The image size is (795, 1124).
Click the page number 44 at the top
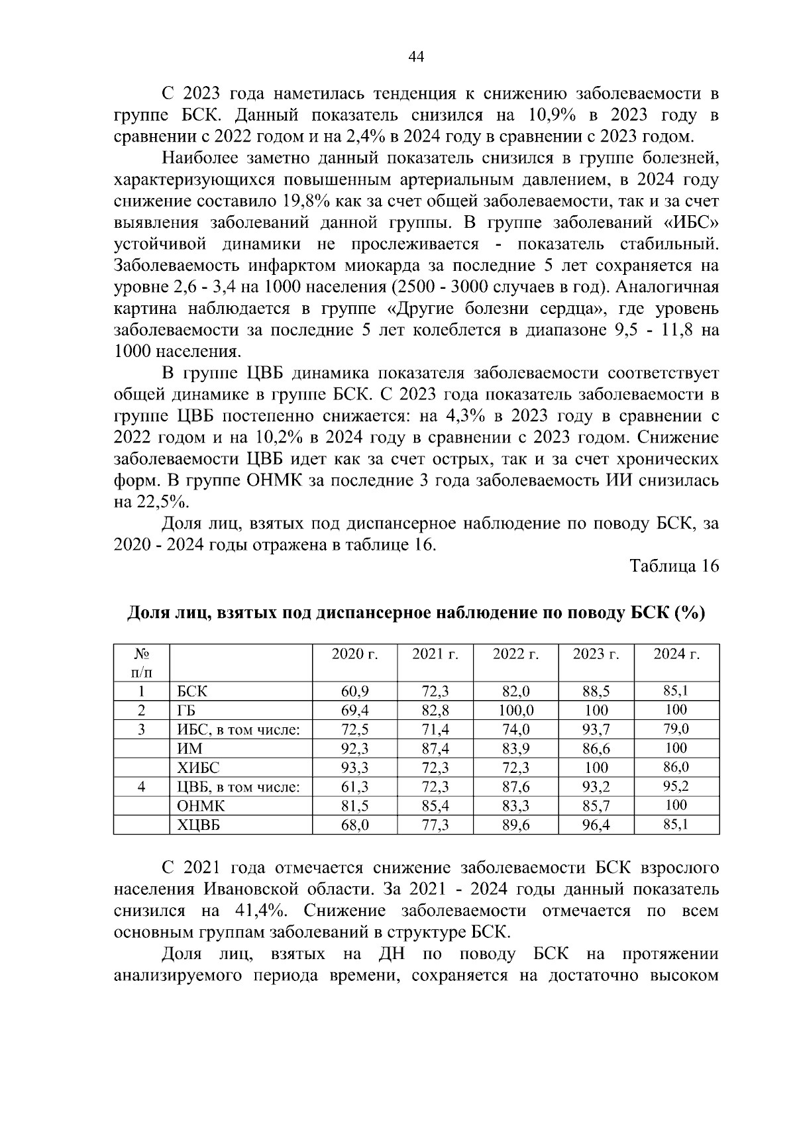point(416,57)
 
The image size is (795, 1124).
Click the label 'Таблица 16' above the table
point(674,566)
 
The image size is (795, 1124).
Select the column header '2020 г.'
point(354,654)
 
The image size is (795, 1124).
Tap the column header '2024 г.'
point(676,654)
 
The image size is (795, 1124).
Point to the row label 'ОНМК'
point(201,806)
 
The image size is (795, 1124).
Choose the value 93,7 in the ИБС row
point(596,730)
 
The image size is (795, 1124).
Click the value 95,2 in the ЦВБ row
point(676,787)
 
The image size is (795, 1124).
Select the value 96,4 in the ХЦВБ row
point(596,825)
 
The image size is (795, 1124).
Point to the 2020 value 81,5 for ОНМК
point(354,806)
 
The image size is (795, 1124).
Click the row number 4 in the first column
point(141,787)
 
